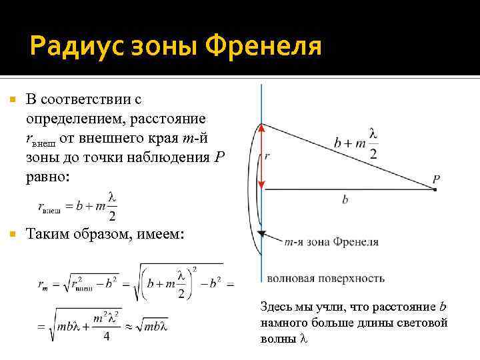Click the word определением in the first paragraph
click(70, 119)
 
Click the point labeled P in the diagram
click(435, 190)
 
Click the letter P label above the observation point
click(435, 179)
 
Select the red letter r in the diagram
click(267, 155)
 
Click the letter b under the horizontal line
click(345, 199)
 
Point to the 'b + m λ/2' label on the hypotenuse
click(357, 142)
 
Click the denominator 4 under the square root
click(106, 336)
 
